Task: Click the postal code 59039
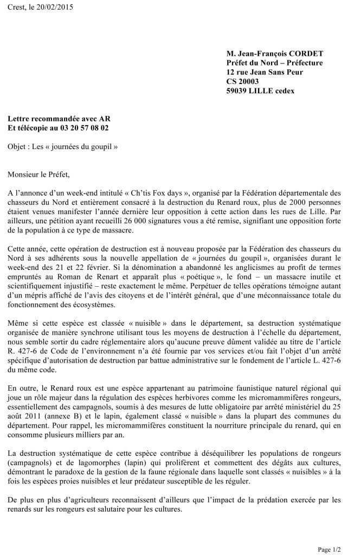click(x=239, y=91)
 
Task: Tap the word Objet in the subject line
click(x=18, y=147)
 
